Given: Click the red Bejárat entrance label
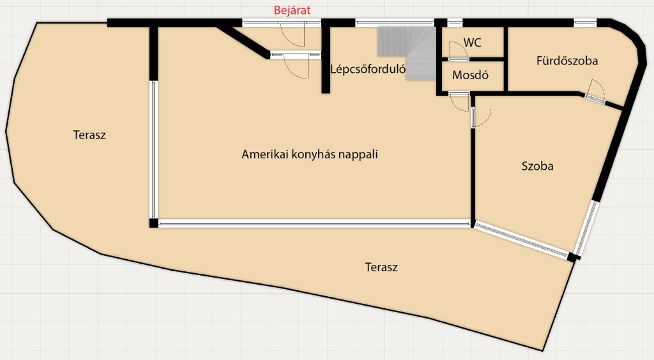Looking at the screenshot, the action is point(292,10).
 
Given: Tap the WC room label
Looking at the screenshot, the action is point(472,43).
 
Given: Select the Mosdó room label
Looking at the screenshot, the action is point(470,75).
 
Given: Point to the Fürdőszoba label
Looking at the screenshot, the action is point(567,61).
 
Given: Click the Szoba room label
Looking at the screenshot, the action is point(537,166).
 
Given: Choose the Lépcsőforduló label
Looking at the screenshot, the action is point(367,69).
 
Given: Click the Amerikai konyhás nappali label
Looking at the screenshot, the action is point(310,154).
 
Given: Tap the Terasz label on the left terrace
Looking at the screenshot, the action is point(89,135).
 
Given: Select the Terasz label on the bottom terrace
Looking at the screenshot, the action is point(381,267).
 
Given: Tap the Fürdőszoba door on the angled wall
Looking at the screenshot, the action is point(595,92).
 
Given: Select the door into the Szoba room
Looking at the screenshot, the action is point(480,117).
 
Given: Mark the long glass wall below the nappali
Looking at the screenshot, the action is point(314,224).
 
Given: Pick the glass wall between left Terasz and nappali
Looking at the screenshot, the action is point(153,149).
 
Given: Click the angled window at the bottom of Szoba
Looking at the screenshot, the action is point(522,239).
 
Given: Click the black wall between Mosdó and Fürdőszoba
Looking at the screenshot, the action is point(505,58).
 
